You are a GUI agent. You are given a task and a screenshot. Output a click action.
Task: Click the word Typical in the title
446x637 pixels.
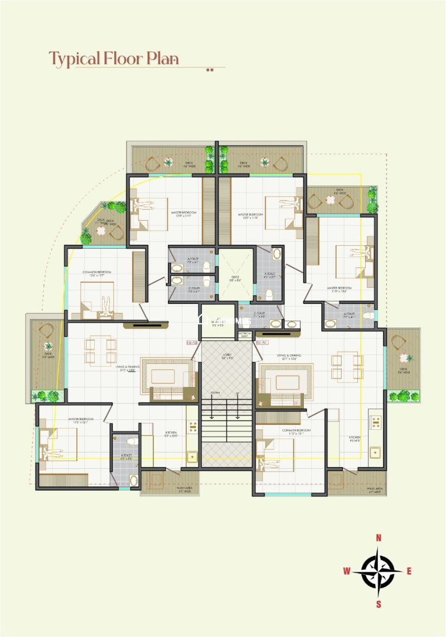tap(75, 58)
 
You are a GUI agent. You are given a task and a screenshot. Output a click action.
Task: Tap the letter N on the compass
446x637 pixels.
tap(379, 538)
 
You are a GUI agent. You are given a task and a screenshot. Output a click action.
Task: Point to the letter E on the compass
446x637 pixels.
tap(409, 571)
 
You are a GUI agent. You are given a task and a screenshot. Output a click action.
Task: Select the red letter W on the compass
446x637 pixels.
tap(347, 571)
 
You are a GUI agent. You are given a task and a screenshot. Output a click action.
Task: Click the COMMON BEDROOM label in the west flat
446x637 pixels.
tap(97, 273)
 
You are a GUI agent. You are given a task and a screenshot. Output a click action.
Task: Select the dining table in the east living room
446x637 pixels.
tap(347, 366)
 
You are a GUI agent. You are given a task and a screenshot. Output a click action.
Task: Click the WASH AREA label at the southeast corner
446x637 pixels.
tap(374, 490)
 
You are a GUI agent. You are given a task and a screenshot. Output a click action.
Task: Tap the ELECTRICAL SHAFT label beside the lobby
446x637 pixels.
tap(245, 334)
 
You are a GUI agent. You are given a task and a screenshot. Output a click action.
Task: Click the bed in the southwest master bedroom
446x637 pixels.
tap(59, 445)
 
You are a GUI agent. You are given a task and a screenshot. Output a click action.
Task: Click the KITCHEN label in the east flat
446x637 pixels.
tap(355, 437)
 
